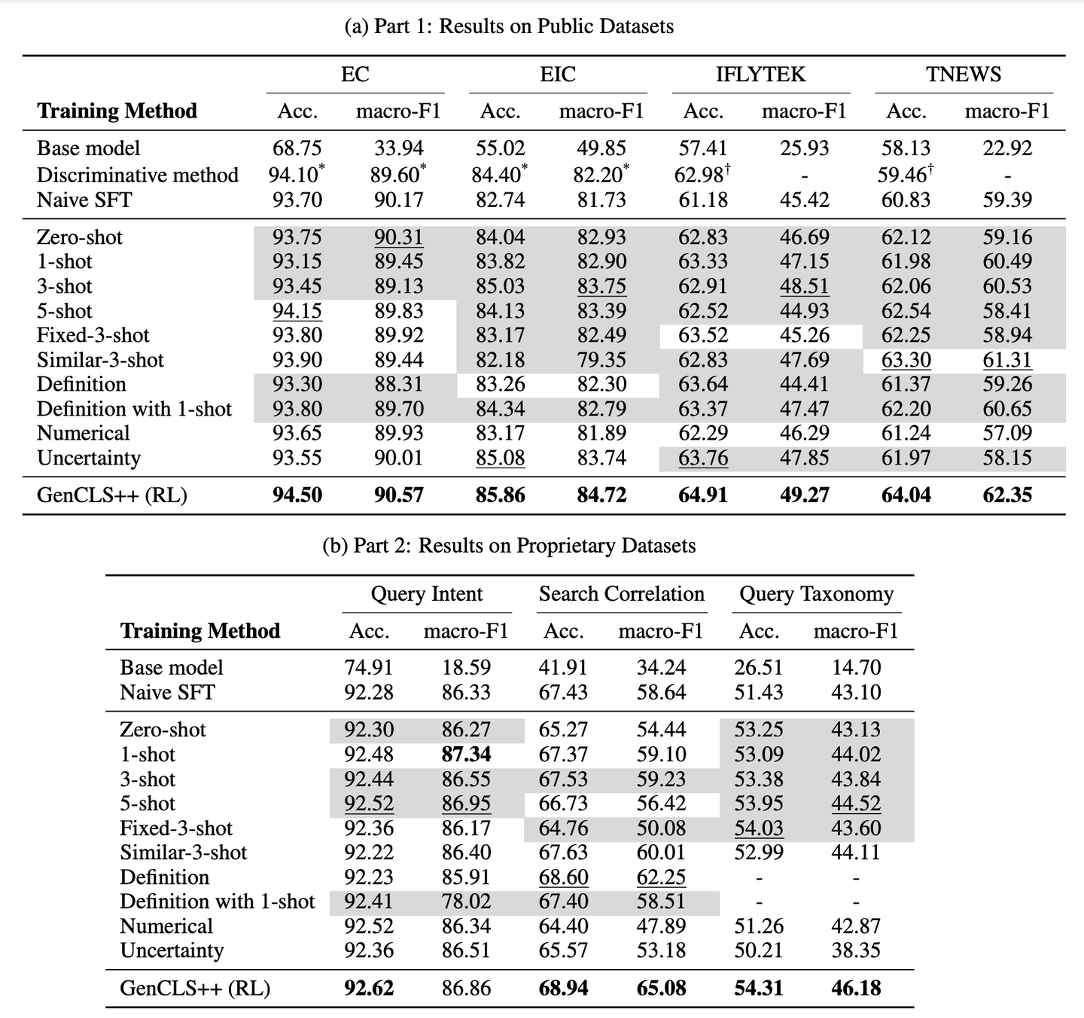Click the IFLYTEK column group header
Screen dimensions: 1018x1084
coord(760,75)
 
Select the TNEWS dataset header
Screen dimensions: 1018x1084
coord(964,75)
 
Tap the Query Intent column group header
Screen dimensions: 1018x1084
coord(426,594)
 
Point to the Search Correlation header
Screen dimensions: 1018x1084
coord(621,594)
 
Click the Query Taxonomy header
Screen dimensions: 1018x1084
coord(816,594)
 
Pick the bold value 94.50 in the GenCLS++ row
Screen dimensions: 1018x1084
coord(297,495)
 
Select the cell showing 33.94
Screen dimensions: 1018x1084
coord(399,148)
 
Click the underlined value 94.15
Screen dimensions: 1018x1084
coord(297,311)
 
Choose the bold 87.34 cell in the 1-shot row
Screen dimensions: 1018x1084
coord(466,754)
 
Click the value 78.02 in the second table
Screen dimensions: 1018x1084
coord(466,901)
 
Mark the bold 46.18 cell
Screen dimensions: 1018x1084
coord(856,988)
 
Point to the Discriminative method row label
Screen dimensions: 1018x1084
coord(137,175)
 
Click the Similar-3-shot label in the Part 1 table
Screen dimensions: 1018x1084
coord(100,360)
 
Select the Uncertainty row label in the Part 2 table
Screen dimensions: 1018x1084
coord(172,950)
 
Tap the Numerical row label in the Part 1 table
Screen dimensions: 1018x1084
coord(83,433)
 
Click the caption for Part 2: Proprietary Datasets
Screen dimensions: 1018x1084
coord(509,545)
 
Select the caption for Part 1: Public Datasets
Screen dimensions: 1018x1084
coord(509,26)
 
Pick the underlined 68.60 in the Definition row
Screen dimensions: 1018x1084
coord(563,877)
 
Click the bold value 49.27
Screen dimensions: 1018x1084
coord(804,495)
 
